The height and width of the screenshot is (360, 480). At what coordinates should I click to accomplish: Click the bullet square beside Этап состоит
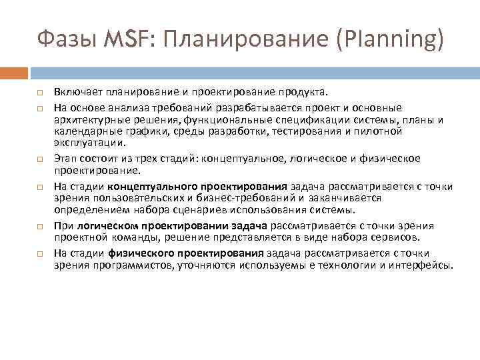[40, 158]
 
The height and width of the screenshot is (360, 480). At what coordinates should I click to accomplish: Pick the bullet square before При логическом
[40, 226]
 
